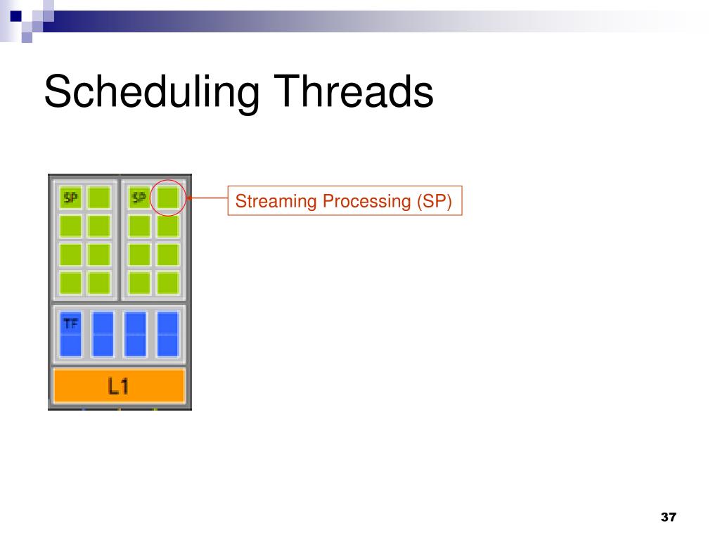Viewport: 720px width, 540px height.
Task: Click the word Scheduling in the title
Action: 152,92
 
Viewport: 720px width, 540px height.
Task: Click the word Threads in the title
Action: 354,91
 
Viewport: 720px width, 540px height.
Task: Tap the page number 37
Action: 669,517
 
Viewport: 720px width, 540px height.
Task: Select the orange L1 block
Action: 120,386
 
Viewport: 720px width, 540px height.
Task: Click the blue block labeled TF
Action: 71,334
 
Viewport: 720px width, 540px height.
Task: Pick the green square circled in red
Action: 168,198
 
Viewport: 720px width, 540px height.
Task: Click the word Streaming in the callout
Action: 276,201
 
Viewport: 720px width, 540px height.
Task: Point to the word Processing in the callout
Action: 366,201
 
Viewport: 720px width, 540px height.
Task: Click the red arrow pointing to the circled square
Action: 207,198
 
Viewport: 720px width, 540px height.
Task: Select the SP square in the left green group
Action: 71,198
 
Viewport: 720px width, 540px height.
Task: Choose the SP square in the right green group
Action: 140,198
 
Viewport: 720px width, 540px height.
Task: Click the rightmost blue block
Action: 168,334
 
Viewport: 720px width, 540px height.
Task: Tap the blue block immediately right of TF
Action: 103,334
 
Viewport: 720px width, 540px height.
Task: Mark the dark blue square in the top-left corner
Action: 15,17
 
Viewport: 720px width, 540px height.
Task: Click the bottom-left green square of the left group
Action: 71,283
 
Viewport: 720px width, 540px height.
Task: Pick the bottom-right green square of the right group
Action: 168,283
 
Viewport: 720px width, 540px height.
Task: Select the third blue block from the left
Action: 136,334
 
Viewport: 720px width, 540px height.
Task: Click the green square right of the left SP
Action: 99,198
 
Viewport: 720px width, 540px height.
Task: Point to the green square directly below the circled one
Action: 168,226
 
